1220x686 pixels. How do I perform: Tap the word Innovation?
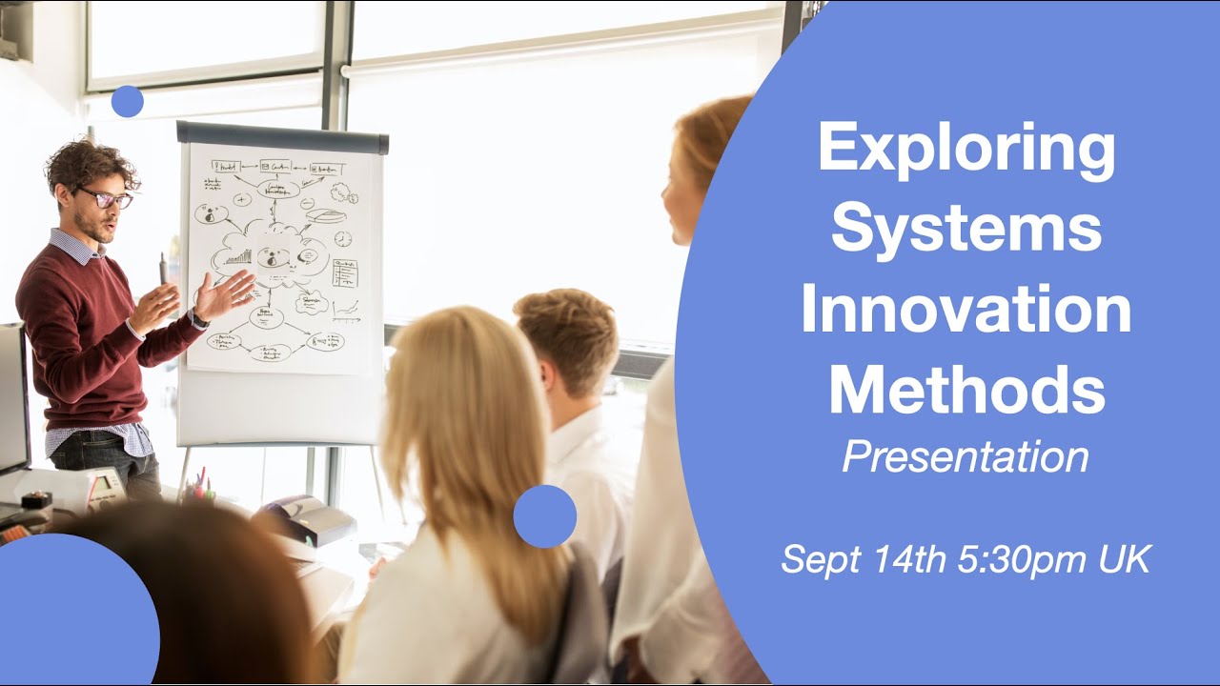966,311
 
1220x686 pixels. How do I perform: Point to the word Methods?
966,391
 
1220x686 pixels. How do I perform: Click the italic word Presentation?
966,457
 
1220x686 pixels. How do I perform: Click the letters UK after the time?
1125,559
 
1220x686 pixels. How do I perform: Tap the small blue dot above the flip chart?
127,101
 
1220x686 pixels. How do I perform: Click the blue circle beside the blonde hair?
544,516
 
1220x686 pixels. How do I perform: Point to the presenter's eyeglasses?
107,198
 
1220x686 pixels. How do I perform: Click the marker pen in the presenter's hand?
163,269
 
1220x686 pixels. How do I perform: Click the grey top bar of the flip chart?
282,138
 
